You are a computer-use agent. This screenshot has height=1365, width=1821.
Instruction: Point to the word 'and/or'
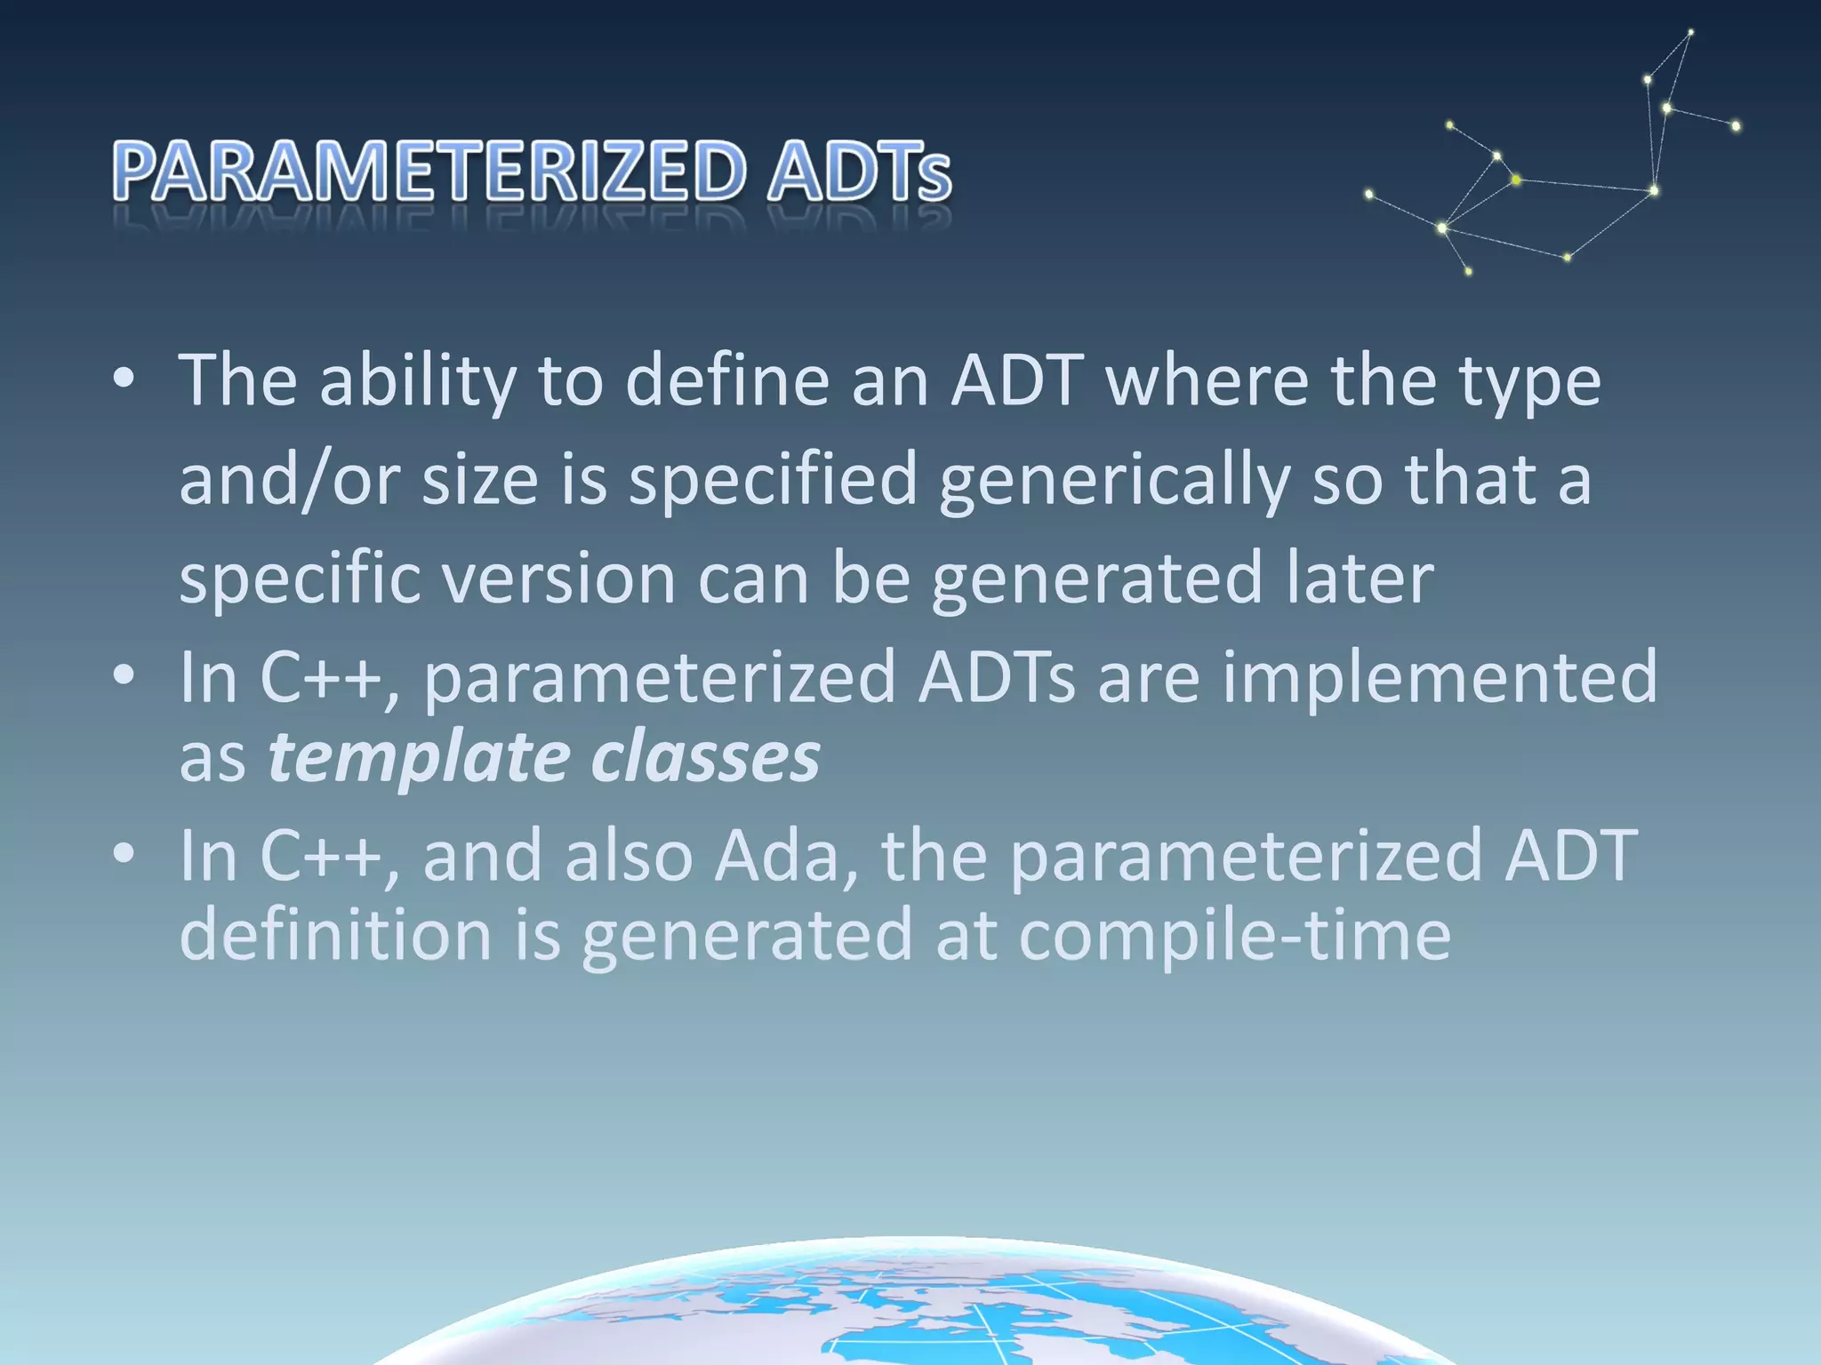click(x=290, y=481)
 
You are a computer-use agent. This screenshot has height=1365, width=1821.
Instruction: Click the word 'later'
click(x=1360, y=578)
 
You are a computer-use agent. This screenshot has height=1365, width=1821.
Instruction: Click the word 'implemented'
click(x=1440, y=678)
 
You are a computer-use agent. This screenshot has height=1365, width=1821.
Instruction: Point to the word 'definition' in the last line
click(x=335, y=934)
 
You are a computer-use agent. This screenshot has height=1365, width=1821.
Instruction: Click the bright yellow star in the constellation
click(x=1516, y=180)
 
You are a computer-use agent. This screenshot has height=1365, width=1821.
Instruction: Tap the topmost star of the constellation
click(x=1690, y=33)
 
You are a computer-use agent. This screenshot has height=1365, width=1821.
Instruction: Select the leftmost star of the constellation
click(x=1368, y=194)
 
